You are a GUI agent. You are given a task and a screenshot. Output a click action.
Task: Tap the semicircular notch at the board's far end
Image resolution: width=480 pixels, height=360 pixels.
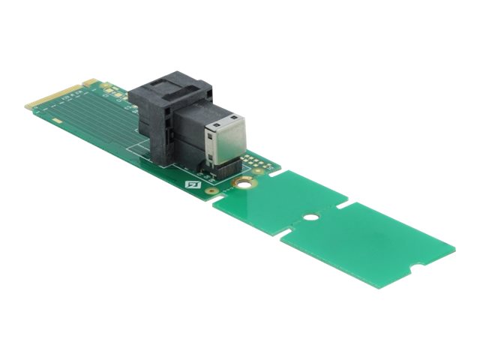411,268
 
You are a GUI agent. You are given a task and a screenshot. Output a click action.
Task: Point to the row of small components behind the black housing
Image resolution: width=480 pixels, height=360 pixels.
112,90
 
